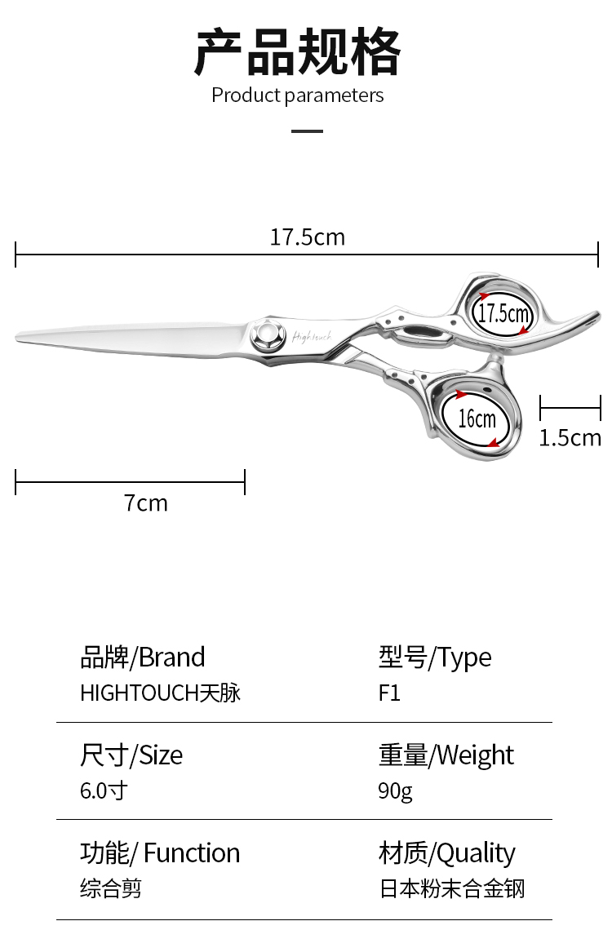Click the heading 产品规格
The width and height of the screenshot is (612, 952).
[x=297, y=53]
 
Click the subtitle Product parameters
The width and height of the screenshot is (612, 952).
[x=297, y=95]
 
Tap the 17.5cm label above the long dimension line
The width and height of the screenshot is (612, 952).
[x=307, y=237]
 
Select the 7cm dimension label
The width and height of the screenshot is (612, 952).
[x=146, y=503]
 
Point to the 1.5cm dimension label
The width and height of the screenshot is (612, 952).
[x=570, y=438]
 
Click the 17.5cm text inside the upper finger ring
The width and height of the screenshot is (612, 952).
[x=503, y=313]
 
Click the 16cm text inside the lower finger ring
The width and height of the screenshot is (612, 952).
[x=477, y=419]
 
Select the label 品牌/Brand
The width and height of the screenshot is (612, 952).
[x=142, y=658]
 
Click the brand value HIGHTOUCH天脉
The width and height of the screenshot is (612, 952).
[x=160, y=693]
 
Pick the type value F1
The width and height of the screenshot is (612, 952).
[x=389, y=693]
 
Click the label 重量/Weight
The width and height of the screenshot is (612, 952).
[x=446, y=755]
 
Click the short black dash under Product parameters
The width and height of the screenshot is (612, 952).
[x=307, y=131]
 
